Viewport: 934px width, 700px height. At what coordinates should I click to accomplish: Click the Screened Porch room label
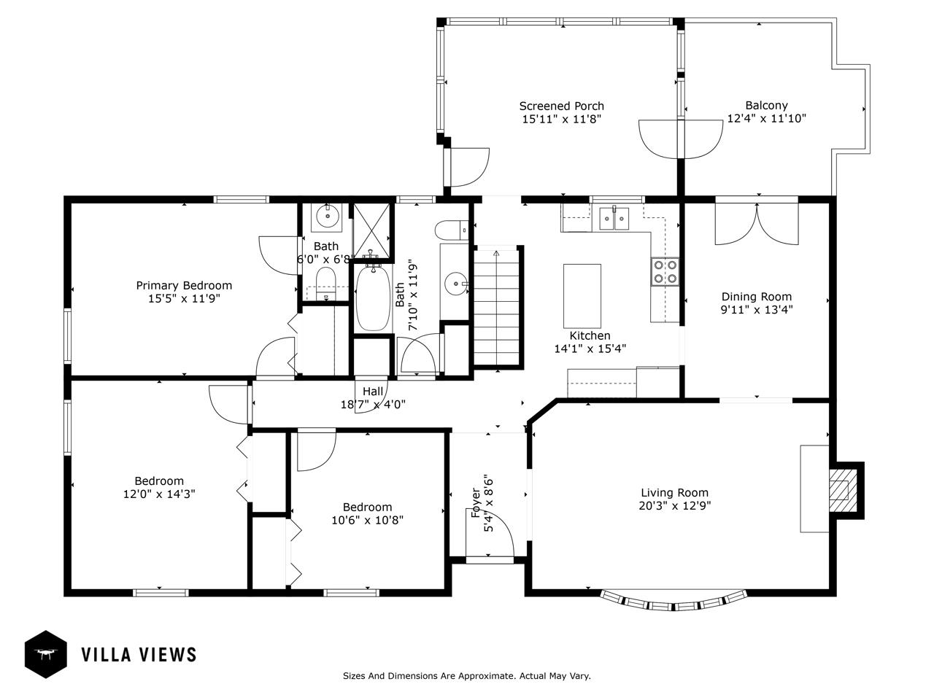561,106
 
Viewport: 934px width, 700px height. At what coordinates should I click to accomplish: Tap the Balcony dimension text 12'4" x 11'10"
766,118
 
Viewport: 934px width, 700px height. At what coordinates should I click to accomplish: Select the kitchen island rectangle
582,296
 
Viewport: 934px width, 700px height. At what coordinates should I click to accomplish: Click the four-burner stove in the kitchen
665,271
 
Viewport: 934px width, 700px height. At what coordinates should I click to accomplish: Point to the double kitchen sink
614,219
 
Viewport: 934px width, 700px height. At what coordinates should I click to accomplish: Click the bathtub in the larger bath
373,298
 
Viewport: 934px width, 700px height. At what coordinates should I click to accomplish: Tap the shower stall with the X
371,231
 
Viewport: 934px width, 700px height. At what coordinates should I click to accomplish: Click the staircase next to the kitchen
497,307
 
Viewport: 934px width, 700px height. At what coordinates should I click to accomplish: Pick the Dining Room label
757,297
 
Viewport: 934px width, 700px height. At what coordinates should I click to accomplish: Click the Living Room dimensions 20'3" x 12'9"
675,506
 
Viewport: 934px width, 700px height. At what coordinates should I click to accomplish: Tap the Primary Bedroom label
185,286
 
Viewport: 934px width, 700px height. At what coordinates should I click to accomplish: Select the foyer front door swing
490,532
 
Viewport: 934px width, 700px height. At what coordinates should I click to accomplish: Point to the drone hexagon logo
45,654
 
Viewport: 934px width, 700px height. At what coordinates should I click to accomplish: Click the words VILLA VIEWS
139,655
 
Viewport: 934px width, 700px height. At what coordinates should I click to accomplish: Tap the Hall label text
373,391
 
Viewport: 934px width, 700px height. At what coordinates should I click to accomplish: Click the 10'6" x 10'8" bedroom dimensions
368,520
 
